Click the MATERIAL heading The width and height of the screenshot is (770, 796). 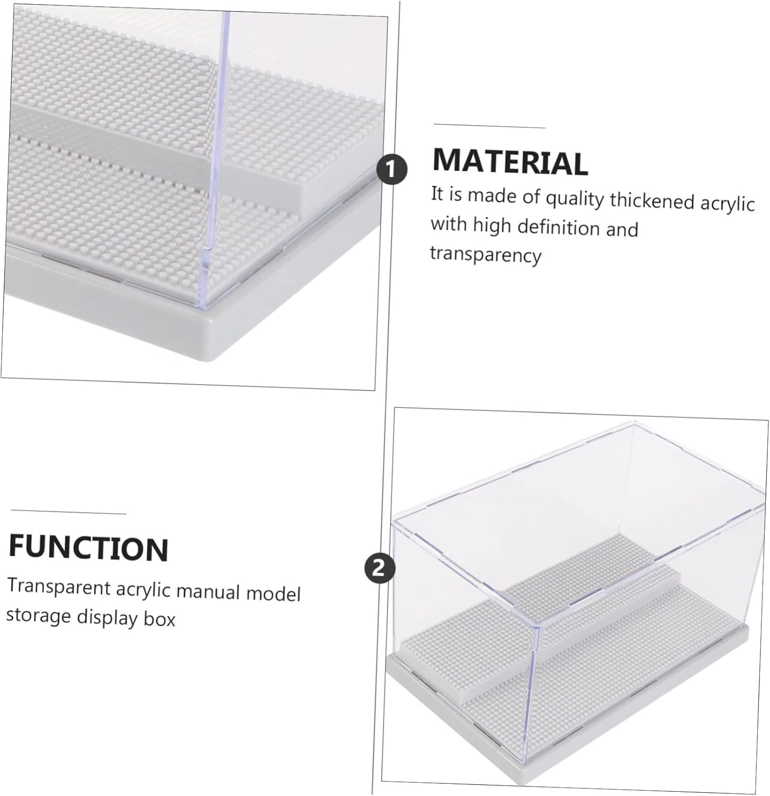pos(510,161)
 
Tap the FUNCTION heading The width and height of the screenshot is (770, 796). pos(89,548)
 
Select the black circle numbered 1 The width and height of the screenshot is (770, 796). pos(392,170)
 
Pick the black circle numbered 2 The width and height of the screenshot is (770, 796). pos(380,568)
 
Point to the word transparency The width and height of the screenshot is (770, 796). pos(485,254)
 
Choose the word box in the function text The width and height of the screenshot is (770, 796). pos(159,619)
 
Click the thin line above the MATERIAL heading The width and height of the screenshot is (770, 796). pos(489,126)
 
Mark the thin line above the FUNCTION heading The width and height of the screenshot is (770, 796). pos(68,512)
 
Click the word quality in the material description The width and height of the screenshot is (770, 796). pos(575,199)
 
